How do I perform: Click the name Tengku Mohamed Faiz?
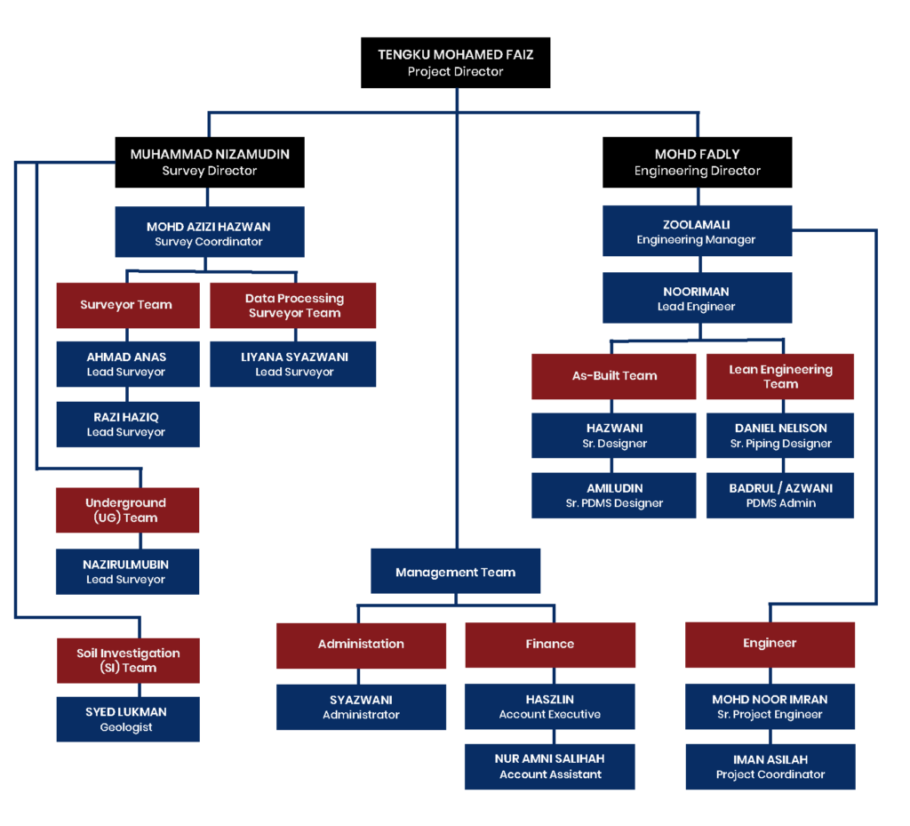tap(455, 54)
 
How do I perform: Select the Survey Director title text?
tap(209, 171)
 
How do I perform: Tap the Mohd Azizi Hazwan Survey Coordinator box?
tap(210, 233)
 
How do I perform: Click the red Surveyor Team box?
tap(126, 305)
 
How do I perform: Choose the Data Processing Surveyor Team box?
tap(293, 305)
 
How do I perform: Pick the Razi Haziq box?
tap(127, 424)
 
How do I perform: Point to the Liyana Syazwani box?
tap(293, 364)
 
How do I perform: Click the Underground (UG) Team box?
tap(127, 509)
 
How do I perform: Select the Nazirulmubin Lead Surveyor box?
tap(127, 572)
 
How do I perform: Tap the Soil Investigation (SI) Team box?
tap(128, 660)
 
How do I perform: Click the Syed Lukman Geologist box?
tap(127, 719)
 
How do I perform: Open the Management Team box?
tap(455, 572)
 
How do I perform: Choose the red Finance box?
tap(550, 644)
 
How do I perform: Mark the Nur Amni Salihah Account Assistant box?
tap(549, 766)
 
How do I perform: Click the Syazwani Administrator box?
tap(361, 707)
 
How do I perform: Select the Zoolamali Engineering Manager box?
tap(697, 232)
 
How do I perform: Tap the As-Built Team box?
tap(614, 376)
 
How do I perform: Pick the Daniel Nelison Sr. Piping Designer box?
tap(780, 436)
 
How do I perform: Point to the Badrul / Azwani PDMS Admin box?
tap(780, 495)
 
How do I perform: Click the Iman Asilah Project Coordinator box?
tap(770, 766)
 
